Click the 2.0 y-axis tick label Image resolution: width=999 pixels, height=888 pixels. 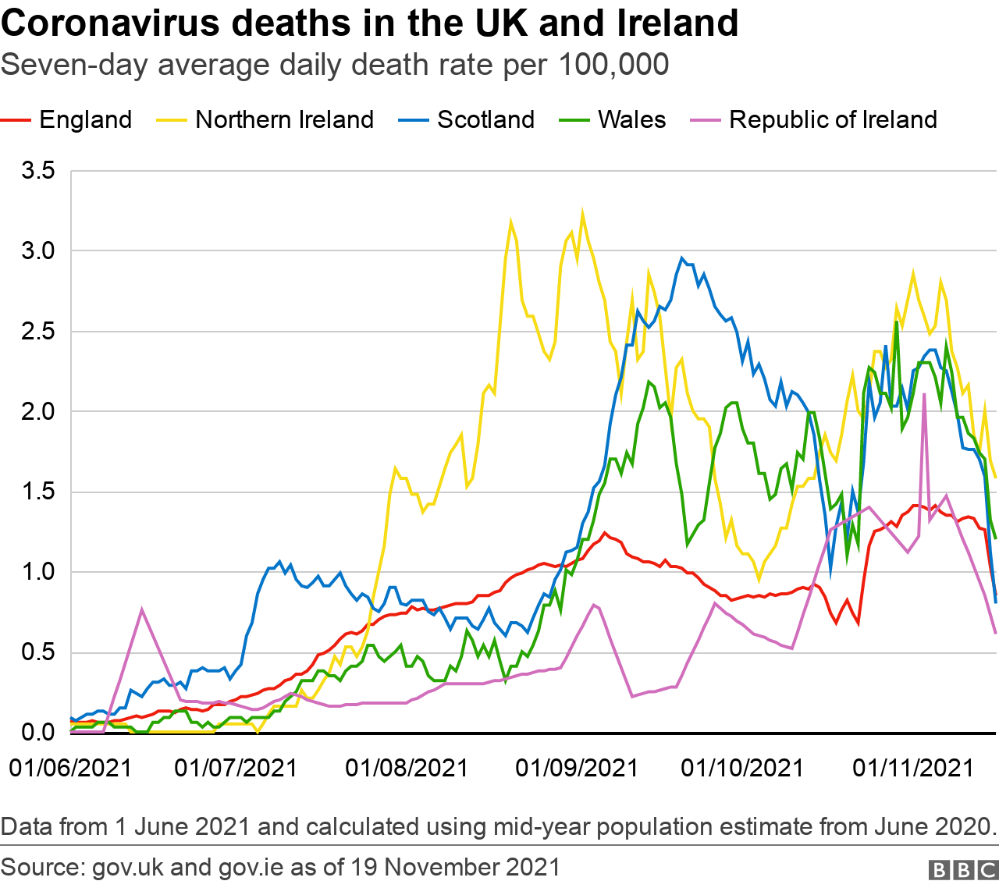click(38, 411)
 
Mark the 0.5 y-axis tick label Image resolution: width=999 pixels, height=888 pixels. click(38, 652)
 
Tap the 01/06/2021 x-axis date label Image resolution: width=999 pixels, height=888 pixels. click(70, 768)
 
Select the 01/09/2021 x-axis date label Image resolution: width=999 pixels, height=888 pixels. click(577, 768)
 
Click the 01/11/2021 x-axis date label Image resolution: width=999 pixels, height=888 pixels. click(913, 768)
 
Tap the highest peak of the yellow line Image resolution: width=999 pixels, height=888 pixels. click(582, 211)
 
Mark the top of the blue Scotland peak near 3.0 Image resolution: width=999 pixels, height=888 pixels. click(682, 258)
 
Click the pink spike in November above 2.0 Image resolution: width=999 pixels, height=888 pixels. click(924, 395)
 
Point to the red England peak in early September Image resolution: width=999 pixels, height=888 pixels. click(605, 534)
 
